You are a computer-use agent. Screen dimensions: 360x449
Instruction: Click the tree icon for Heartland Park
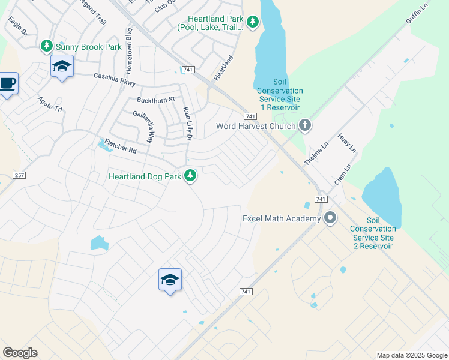tap(253, 22)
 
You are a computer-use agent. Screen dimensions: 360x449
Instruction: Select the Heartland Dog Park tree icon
tap(190, 176)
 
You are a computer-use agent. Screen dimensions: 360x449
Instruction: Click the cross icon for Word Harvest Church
tap(305, 126)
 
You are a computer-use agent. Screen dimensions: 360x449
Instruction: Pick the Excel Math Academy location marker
tap(330, 218)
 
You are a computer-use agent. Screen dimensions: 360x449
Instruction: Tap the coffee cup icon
tap(7, 83)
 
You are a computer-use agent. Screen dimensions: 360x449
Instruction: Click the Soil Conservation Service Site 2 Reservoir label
tap(373, 233)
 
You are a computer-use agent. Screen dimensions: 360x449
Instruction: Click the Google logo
tap(20, 352)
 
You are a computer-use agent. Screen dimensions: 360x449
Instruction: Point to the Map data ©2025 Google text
tap(412, 355)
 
